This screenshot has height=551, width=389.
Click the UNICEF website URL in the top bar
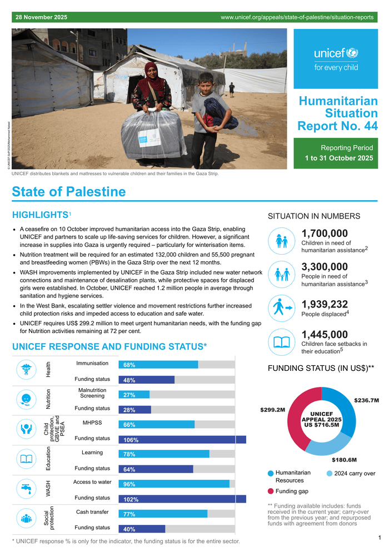[x=297, y=17]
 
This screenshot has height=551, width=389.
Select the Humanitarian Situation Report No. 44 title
[x=337, y=113]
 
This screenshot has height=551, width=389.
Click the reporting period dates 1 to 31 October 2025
[x=338, y=158]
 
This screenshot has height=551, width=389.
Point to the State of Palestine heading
[x=69, y=192]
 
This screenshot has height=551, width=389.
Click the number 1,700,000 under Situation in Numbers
[x=325, y=234]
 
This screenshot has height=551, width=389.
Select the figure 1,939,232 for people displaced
[x=325, y=304]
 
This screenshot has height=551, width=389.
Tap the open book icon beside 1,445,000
[x=282, y=341]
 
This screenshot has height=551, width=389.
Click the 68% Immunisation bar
[x=158, y=365]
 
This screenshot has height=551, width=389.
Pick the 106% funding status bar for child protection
[x=182, y=439]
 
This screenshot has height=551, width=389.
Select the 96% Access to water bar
[x=174, y=484]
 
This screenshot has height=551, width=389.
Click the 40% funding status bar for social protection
[x=142, y=529]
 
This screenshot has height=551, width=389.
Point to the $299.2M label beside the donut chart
[x=272, y=410]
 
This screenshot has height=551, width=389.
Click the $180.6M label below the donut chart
[x=344, y=460]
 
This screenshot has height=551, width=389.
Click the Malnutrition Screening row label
[x=92, y=393]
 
